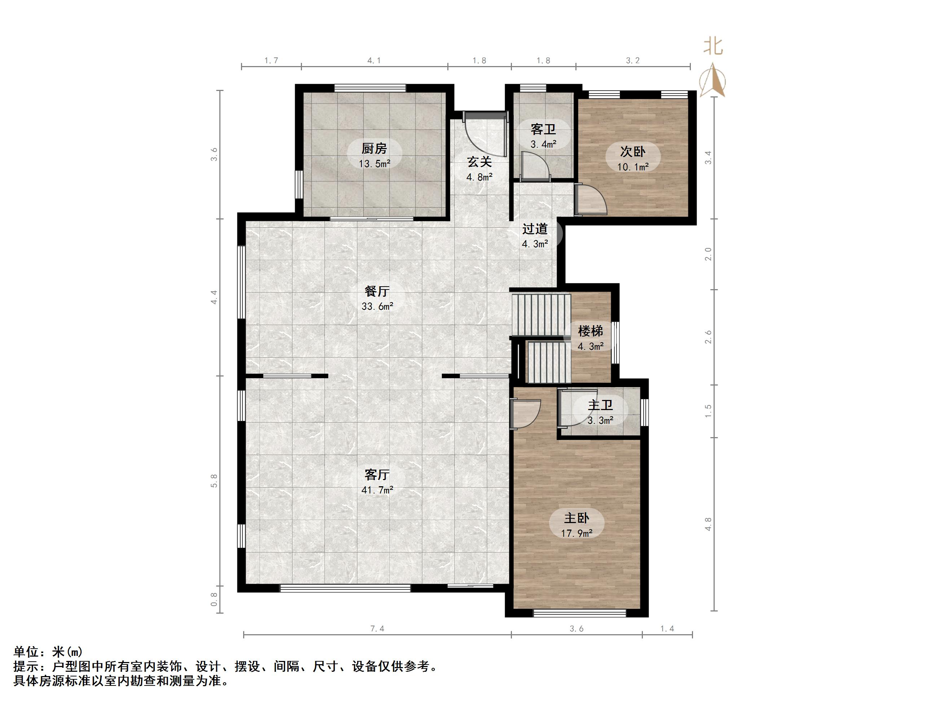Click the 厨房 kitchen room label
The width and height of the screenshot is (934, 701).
click(374, 149)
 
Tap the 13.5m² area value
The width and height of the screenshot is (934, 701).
click(374, 164)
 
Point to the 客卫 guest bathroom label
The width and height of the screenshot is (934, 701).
click(543, 129)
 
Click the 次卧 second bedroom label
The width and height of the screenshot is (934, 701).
click(632, 151)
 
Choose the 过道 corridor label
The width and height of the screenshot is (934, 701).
click(535, 229)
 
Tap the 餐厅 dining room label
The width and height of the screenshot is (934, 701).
click(377, 291)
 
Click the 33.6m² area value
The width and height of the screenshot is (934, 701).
click(377, 306)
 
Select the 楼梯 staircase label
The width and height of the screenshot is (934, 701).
click(590, 331)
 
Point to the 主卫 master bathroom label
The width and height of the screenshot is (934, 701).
click(600, 406)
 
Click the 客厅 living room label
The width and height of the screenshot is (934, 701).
click(377, 475)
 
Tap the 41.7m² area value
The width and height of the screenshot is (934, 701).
click(377, 490)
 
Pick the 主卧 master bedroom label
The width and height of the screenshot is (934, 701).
click(576, 518)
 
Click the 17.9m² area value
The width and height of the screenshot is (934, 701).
click(576, 533)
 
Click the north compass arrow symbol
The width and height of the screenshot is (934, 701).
click(713, 81)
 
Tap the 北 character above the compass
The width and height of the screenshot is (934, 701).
click(713, 47)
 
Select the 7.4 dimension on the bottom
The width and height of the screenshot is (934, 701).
click(377, 629)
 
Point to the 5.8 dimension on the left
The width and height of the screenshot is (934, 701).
click(214, 480)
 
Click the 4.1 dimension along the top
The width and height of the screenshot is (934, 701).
click(374, 60)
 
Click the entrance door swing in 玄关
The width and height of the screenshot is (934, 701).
click(481, 135)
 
